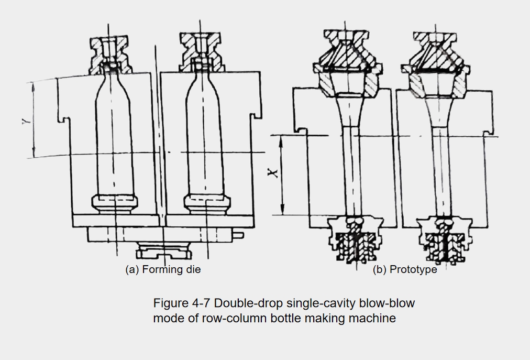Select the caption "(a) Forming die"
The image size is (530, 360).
tap(163, 269)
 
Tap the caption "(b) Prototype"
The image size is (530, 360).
tap(405, 269)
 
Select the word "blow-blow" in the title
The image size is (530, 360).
tap(387, 303)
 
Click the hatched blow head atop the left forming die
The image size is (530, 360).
tap(110, 55)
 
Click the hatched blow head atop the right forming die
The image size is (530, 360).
tap(200, 52)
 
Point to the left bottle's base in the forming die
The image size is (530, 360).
tap(115, 204)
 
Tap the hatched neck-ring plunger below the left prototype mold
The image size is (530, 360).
tap(356, 239)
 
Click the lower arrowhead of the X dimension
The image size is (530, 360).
tap(282, 210)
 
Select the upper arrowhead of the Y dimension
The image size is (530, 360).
tap(33, 88)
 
